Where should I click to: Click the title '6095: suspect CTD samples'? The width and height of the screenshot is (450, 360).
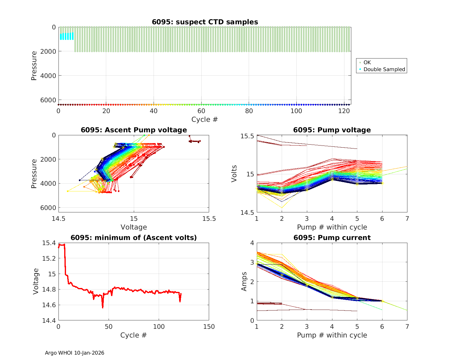click(205, 22)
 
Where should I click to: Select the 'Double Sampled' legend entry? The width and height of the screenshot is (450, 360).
click(384, 69)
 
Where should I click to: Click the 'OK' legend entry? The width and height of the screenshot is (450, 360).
click(367, 62)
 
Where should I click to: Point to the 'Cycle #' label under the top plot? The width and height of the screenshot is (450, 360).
click(205, 119)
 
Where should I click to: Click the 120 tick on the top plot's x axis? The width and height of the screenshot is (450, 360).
click(344, 111)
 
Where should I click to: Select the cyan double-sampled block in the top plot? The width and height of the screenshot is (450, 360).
click(67, 36)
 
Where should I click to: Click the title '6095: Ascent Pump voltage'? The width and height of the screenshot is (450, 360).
click(134, 130)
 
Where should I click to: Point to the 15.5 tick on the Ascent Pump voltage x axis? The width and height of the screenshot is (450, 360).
click(209, 218)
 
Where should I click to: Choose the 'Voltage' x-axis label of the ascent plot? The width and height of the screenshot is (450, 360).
click(134, 227)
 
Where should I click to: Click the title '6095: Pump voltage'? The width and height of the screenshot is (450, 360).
click(332, 130)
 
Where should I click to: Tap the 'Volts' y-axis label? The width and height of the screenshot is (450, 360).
click(234, 174)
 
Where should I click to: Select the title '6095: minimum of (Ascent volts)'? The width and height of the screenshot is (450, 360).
click(134, 238)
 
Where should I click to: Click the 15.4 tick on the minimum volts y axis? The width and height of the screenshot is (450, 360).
click(49, 243)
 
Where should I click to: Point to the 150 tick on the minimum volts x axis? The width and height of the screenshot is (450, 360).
click(209, 327)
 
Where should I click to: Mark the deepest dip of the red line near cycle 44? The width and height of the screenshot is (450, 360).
click(103, 307)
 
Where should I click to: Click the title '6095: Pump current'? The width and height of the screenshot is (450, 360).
click(332, 238)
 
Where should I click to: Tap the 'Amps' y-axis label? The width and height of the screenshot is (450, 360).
click(244, 281)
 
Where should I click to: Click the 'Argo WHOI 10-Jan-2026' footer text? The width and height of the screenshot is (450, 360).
click(74, 353)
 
